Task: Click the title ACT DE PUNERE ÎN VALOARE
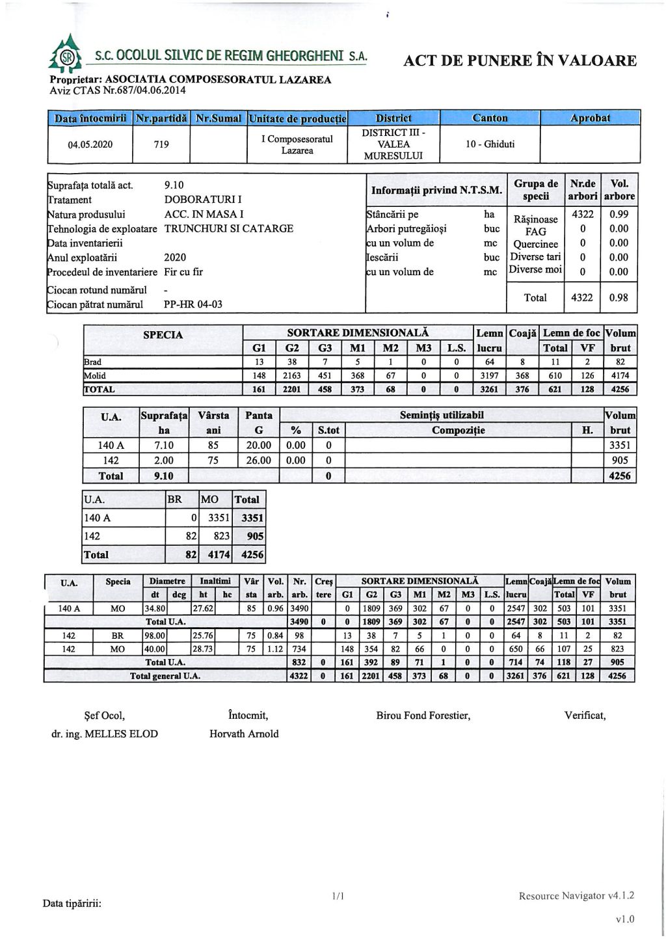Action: pyautogui.click(x=520, y=61)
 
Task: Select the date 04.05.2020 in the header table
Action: pyautogui.click(x=90, y=144)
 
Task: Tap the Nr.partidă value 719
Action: pyautogui.click(x=161, y=144)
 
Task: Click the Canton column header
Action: pyautogui.click(x=490, y=118)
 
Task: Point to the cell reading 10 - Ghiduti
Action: pyautogui.click(x=490, y=144)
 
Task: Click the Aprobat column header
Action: pyautogui.click(x=590, y=118)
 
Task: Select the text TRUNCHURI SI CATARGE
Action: pyautogui.click(x=229, y=229)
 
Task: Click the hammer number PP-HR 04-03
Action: pyautogui.click(x=193, y=304)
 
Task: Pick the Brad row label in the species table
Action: pyautogui.click(x=93, y=362)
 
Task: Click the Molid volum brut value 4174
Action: pyautogui.click(x=620, y=376)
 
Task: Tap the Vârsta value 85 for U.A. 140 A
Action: pyautogui.click(x=213, y=446)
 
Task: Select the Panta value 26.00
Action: pyautogui.click(x=259, y=461)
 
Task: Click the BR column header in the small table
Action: pyautogui.click(x=175, y=500)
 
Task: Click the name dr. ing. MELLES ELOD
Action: pyautogui.click(x=105, y=734)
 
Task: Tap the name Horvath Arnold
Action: pyautogui.click(x=244, y=734)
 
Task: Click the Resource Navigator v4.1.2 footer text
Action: pyautogui.click(x=576, y=896)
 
